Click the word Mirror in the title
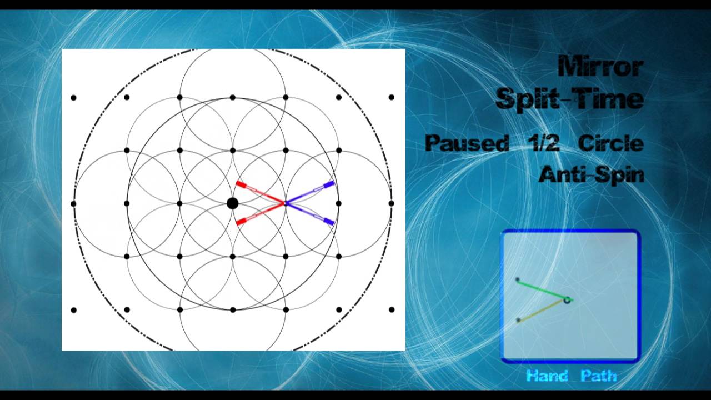(600, 67)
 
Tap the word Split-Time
(569, 99)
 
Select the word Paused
(467, 143)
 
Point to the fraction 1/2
(543, 143)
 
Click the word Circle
(610, 143)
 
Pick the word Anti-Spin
(591, 174)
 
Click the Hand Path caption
(571, 376)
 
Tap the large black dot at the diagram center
(233, 203)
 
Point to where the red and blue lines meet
(285, 203)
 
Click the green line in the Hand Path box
(542, 289)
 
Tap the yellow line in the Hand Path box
(542, 310)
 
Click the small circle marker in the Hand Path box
(567, 300)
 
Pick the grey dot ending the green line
(518, 280)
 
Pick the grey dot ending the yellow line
(518, 320)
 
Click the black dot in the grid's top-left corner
(73, 98)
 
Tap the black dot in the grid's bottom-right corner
(392, 309)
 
